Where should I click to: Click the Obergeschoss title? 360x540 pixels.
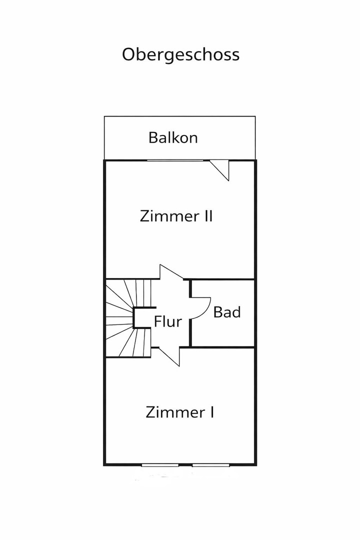(x=180, y=55)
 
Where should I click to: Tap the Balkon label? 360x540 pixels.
(x=173, y=138)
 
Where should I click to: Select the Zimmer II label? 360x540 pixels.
(x=176, y=216)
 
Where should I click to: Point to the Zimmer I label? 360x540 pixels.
(x=179, y=412)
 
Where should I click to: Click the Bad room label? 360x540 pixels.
(x=226, y=312)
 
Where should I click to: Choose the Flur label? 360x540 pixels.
(x=168, y=321)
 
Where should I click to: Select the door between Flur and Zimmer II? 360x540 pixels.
(x=171, y=271)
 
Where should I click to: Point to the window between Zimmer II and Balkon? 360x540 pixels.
(x=175, y=160)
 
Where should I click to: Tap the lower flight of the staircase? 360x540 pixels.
(x=128, y=342)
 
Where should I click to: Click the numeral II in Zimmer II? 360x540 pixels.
(x=206, y=216)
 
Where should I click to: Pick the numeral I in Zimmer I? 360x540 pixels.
(x=212, y=412)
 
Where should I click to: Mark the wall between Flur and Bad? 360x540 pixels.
(x=190, y=312)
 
